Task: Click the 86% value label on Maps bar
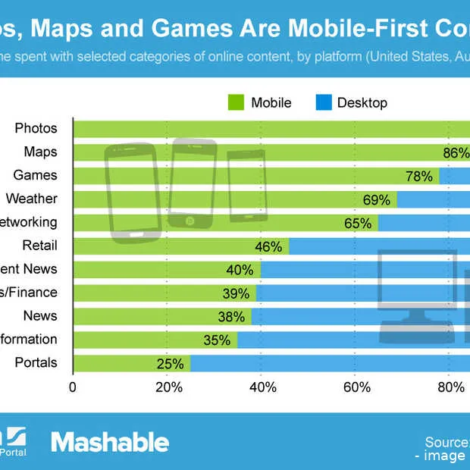point(456,152)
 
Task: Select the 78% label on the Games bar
point(419,176)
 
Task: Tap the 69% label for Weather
point(377,199)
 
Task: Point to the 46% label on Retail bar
point(269,246)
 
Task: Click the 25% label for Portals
point(171,363)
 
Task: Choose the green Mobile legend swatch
point(235,102)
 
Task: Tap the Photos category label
point(36,128)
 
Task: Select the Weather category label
point(31,199)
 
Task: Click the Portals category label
point(36,362)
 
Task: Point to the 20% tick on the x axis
point(168,387)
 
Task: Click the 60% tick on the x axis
point(356,387)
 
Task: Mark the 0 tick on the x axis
point(73,387)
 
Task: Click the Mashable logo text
point(110,441)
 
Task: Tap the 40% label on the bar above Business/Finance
point(240,269)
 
